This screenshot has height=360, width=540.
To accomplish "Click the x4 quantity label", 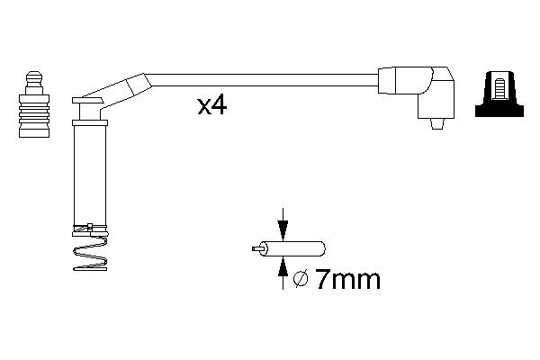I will pyautogui.click(x=211, y=106).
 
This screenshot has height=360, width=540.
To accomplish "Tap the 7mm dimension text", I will pyautogui.click(x=345, y=280).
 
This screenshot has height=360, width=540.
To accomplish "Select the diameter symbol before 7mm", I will pyautogui.click(x=301, y=281).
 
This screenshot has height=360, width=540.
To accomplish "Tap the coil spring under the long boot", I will pyautogui.click(x=89, y=256).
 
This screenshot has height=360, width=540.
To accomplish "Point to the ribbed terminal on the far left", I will pyautogui.click(x=32, y=112).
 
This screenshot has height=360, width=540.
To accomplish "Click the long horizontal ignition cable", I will pyautogui.click(x=261, y=80).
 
